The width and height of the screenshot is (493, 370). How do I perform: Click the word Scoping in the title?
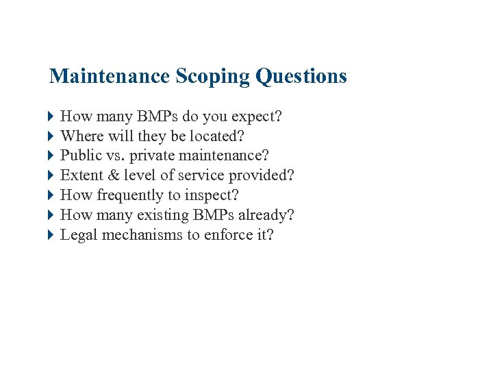(x=213, y=76)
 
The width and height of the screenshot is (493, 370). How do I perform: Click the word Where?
(x=81, y=136)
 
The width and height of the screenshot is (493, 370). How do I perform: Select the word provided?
(x=260, y=175)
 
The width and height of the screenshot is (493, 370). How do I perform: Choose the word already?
(x=266, y=215)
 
